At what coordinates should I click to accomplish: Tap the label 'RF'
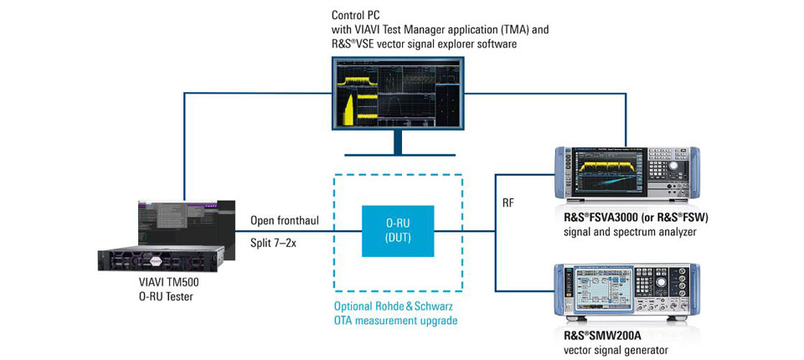[x=508, y=201]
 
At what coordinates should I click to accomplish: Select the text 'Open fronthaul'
[x=284, y=221]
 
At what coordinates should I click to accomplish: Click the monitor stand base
[x=398, y=155]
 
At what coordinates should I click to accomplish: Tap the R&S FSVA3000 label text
[x=625, y=218]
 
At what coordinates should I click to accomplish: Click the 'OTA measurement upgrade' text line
[x=395, y=320]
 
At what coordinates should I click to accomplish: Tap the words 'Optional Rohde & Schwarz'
[x=395, y=306]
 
